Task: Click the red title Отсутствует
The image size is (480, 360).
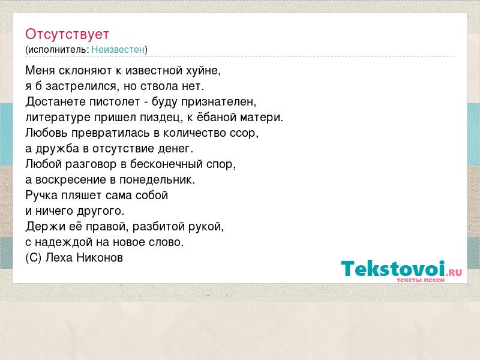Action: tap(67, 34)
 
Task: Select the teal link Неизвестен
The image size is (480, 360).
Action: tap(118, 50)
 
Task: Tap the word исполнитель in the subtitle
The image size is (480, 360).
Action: tap(57, 50)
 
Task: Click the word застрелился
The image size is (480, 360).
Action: tap(81, 86)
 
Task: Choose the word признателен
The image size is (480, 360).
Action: tap(218, 102)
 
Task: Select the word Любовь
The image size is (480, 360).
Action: tap(47, 133)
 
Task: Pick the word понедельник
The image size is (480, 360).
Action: tap(157, 179)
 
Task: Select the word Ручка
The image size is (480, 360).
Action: tap(41, 196)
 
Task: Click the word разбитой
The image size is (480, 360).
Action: tap(159, 227)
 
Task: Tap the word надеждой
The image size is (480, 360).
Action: tap(64, 242)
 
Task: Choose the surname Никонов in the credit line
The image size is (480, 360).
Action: tap(100, 258)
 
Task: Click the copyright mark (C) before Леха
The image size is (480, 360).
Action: tap(34, 258)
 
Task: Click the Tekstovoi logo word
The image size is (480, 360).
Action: tap(393, 268)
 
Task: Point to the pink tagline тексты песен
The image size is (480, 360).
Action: tap(421, 280)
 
